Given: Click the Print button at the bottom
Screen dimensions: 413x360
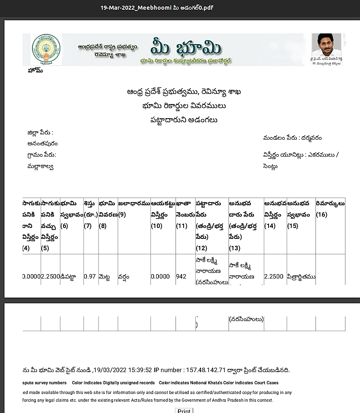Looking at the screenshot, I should [184, 411].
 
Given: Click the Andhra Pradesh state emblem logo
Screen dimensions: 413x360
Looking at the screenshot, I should [47, 50].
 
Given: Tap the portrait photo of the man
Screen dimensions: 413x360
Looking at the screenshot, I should [326, 47].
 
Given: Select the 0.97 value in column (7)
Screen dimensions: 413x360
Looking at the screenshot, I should [90, 277].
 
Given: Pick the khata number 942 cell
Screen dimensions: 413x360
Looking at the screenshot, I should [181, 277].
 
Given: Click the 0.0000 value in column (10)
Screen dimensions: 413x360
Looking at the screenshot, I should [160, 277].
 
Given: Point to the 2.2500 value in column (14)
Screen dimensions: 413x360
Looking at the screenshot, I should [274, 277].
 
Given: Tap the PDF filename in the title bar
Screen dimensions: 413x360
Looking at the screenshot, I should [157, 8].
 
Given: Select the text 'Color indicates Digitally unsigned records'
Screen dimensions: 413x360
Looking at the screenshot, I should [113, 383].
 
